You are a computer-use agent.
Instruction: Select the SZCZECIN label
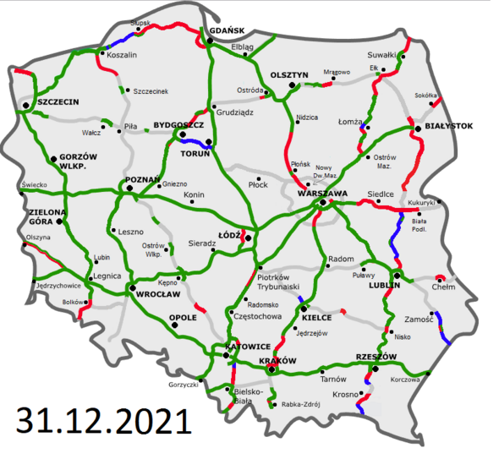[x=58, y=101]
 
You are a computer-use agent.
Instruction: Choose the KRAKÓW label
[x=277, y=360]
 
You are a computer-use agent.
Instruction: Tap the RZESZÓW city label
[x=377, y=357]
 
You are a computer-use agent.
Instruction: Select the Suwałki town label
[x=382, y=55]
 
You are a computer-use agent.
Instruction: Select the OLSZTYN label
[x=289, y=74]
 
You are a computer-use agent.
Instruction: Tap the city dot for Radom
[x=339, y=250]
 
